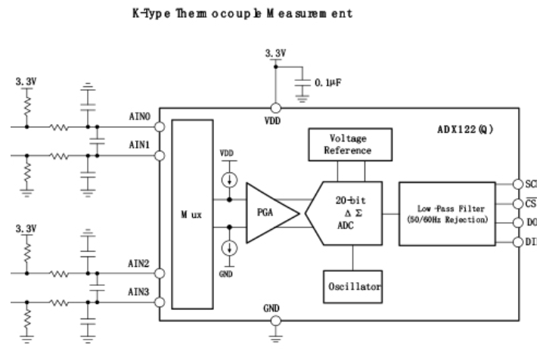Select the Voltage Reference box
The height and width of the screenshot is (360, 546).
tap(349, 144)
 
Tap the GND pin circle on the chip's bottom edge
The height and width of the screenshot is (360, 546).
tap(275, 321)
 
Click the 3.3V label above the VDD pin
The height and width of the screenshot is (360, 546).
tap(275, 54)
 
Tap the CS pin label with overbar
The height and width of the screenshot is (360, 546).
tap(530, 203)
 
